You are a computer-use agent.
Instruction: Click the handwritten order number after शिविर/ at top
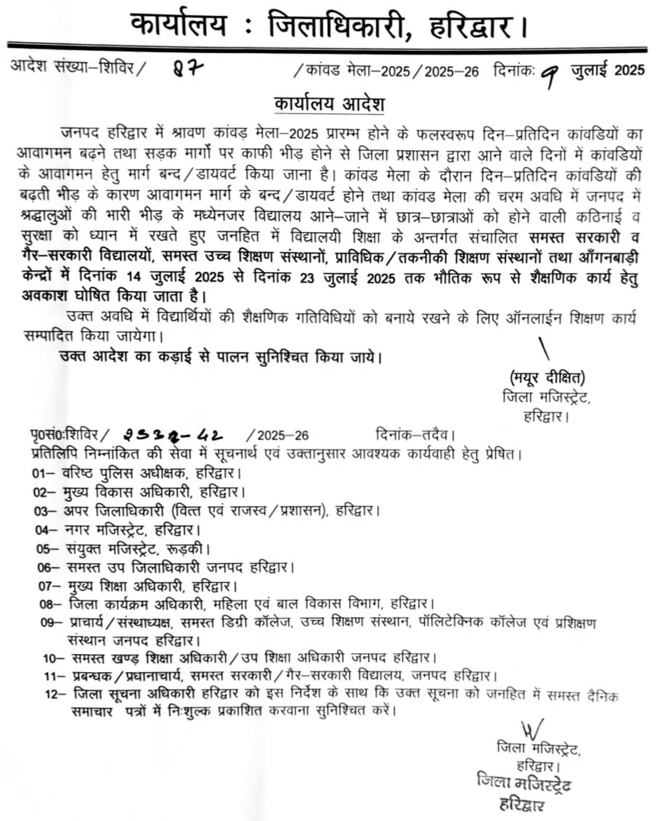(187, 70)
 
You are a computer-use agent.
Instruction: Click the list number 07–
(45, 584)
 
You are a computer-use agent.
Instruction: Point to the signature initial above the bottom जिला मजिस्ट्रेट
(531, 728)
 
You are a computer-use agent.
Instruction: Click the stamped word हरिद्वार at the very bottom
(516, 804)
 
